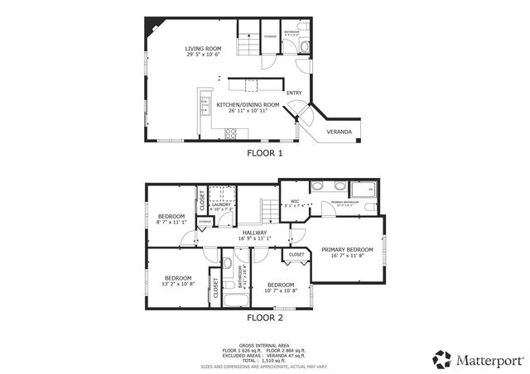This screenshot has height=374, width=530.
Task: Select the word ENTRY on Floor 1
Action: click(x=294, y=93)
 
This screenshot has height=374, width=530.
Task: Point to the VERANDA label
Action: click(x=339, y=132)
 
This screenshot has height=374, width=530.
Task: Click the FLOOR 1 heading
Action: click(x=265, y=153)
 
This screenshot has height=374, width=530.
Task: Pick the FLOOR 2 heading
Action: click(x=265, y=317)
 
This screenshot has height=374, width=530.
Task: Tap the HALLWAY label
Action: click(x=254, y=236)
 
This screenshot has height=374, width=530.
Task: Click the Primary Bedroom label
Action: click(x=347, y=252)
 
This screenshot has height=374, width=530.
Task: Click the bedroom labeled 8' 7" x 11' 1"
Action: click(x=171, y=219)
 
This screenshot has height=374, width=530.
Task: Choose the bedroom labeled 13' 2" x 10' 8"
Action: click(x=177, y=280)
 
